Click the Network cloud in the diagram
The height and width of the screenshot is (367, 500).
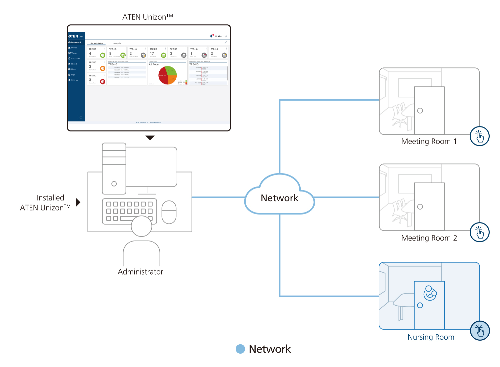279,198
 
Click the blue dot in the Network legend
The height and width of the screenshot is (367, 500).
240,349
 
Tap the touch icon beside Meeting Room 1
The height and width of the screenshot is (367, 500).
479,136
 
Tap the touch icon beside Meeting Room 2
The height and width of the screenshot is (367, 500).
479,232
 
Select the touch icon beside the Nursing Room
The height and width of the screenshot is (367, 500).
480,331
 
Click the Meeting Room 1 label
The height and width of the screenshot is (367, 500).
429,141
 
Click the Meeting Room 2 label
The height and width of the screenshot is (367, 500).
429,238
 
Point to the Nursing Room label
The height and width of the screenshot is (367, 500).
431,337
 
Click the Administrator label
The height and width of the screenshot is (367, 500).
140,272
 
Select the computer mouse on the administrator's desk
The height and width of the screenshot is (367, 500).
169,212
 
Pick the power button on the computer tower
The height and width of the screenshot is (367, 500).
114,184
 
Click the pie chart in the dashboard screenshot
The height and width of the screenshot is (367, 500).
167,75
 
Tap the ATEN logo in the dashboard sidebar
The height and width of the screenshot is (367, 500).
73,36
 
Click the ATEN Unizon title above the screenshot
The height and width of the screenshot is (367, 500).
148,17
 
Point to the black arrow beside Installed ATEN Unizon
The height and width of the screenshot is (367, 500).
78,202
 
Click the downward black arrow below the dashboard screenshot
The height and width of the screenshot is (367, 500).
150,137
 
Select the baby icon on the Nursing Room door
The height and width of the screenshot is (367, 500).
430,293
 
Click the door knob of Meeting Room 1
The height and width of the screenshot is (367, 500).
420,111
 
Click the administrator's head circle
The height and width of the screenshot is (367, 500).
141,226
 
